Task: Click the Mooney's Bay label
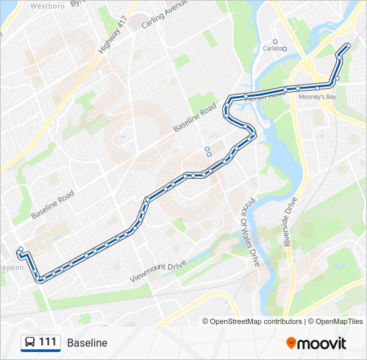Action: click(316, 97)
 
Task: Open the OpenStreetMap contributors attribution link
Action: click(256, 321)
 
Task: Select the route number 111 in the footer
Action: click(47, 342)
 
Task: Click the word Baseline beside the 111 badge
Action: click(87, 343)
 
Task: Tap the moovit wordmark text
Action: click(322, 343)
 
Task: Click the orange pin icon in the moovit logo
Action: click(291, 343)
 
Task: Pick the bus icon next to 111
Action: click(30, 343)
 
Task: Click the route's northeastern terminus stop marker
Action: click(348, 45)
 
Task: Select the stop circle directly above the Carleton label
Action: click(275, 41)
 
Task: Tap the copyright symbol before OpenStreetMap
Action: click(206, 321)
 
